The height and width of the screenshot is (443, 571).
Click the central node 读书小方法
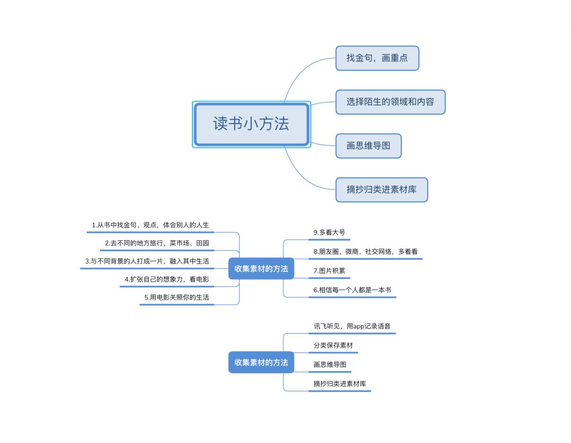[x=251, y=124]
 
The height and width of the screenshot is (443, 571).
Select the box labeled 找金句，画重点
[x=377, y=58]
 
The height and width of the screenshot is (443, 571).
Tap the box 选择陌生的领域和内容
[x=390, y=102]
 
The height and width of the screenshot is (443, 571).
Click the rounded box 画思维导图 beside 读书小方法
[x=369, y=146]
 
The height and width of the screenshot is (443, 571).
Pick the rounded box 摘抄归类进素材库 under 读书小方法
[x=381, y=190]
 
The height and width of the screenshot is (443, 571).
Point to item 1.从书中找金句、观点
[x=150, y=225]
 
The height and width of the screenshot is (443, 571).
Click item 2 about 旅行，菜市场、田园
[x=156, y=243]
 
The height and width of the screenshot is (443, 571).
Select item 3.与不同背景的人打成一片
[x=147, y=261]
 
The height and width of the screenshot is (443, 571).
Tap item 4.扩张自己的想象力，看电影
[x=167, y=279]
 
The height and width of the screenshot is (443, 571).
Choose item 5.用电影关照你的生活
[x=177, y=298]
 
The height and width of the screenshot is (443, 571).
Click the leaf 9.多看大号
[x=329, y=232]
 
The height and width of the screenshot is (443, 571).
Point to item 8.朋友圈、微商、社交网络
[x=365, y=252]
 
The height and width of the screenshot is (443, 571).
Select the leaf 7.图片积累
[x=329, y=271]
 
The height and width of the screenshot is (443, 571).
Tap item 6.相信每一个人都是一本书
[x=352, y=290]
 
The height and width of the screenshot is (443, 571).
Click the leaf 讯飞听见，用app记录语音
[x=352, y=326]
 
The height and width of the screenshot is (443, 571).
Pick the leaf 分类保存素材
[x=333, y=346]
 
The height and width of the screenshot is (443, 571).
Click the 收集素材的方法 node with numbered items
[x=261, y=269]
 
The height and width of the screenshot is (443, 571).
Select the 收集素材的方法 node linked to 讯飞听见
[x=261, y=363]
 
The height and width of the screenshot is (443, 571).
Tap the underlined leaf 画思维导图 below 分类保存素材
[x=329, y=365]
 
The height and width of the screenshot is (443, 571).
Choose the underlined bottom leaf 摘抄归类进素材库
[x=339, y=384]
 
